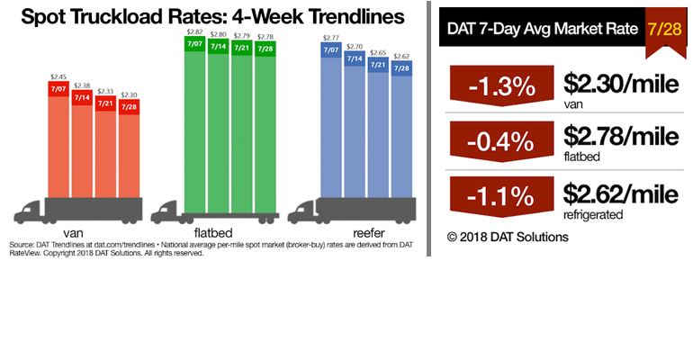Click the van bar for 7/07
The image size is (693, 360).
click(x=58, y=139)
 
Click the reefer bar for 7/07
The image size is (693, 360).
click(x=330, y=121)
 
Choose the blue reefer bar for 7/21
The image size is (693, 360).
click(x=378, y=130)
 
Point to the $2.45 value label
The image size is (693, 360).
click(x=59, y=76)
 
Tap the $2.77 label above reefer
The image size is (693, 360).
click(x=330, y=37)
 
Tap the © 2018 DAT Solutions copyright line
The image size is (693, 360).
click(x=508, y=237)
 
